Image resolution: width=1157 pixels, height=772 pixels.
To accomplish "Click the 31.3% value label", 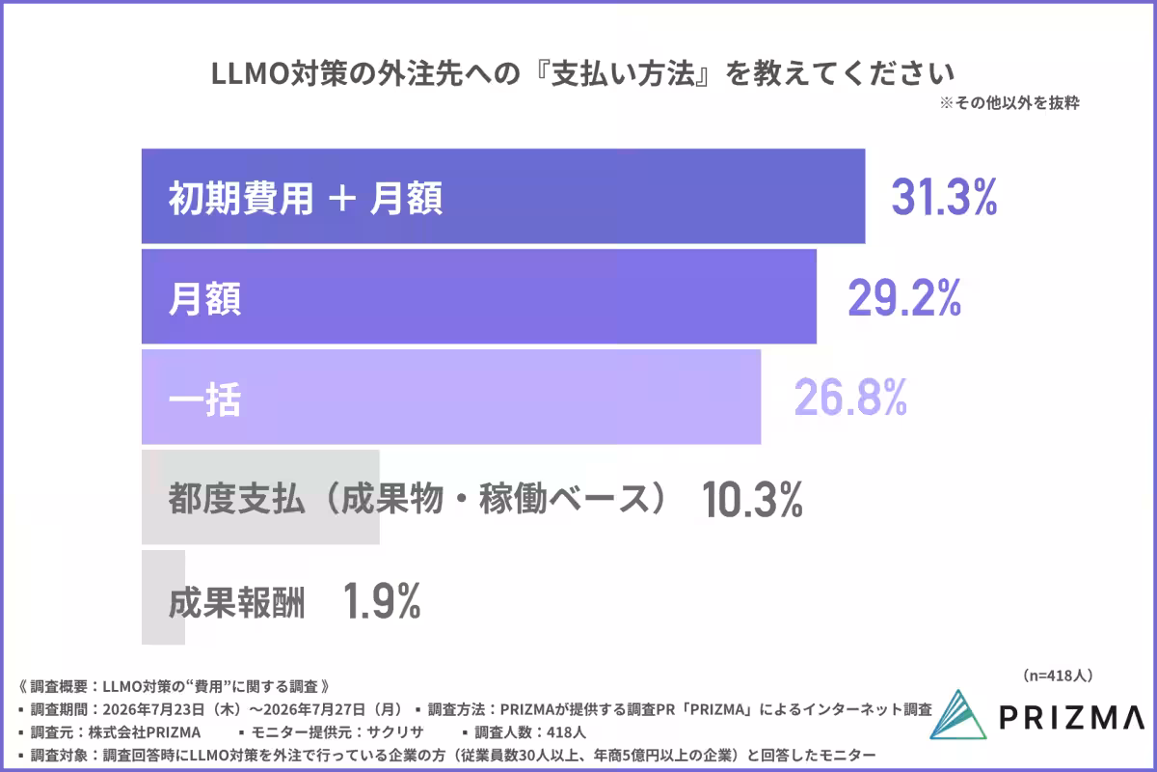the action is tap(944, 197).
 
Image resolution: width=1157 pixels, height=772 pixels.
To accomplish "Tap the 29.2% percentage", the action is tap(904, 297).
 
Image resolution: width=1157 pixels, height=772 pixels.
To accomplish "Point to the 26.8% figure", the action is tap(850, 398).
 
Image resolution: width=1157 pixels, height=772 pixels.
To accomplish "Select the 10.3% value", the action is tap(752, 499).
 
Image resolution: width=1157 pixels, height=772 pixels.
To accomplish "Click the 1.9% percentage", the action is tap(382, 600).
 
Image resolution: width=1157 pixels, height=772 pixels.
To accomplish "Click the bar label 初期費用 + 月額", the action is tap(306, 198).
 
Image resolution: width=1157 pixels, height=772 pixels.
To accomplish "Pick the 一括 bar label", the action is tap(204, 400).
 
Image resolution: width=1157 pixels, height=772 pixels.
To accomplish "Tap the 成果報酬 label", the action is tap(236, 602).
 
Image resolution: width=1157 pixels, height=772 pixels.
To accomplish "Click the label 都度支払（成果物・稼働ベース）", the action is tap(418, 499).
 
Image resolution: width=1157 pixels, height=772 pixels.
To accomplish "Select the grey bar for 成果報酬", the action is tap(163, 597).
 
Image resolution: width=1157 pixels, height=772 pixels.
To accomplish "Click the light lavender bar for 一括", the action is tap(451, 397).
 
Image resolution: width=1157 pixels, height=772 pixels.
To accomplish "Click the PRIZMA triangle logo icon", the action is tap(958, 715).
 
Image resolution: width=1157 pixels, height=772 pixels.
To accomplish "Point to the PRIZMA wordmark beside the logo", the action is tap(1072, 717).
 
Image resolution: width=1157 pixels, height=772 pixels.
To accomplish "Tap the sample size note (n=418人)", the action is tap(1058, 675).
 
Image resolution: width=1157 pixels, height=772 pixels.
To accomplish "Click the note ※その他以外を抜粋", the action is tap(1009, 103).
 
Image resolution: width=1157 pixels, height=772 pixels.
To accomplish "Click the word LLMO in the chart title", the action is tap(250, 74).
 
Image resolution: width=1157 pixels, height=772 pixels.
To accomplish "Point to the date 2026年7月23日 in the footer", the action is tap(153, 709).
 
